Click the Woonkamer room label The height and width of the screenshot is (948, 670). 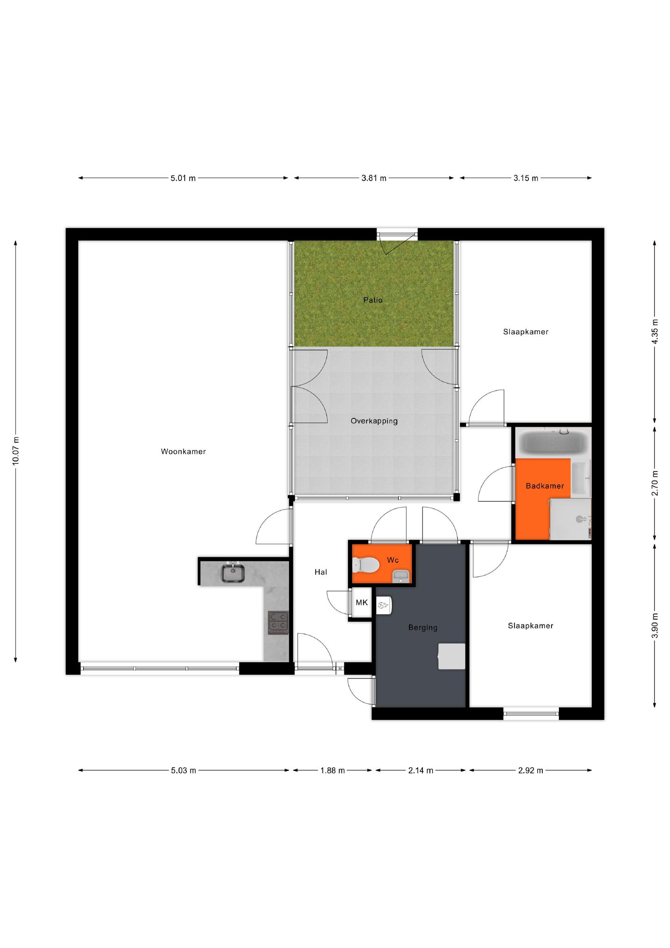point(183,451)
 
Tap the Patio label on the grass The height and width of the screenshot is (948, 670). point(373,300)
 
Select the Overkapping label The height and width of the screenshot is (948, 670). point(374,421)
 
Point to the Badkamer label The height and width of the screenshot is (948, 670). point(545,486)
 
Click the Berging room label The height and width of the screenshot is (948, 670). point(422,628)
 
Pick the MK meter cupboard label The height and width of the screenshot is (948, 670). point(362,602)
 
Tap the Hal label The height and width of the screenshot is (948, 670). point(321,572)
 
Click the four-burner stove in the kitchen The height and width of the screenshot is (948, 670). point(278,623)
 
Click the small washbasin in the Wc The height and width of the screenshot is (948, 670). point(401,577)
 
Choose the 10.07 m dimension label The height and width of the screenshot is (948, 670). point(16,451)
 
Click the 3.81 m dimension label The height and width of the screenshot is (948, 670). point(374,178)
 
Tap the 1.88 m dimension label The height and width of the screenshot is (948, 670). point(332,770)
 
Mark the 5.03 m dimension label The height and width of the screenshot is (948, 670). point(184,770)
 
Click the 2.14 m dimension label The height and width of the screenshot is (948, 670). point(421,770)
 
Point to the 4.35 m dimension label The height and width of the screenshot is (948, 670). point(655,331)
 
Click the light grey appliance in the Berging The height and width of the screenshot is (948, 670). point(452,656)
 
